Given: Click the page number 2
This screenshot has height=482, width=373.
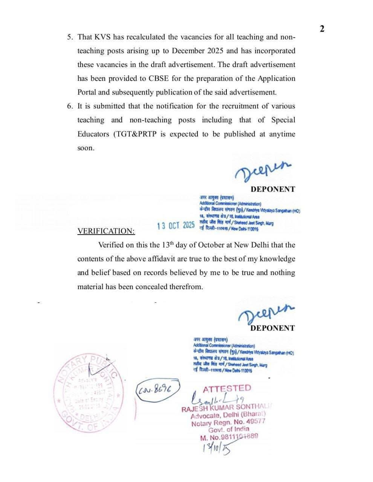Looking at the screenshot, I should pyautogui.click(x=322, y=29).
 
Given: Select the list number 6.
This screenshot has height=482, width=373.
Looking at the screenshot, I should pyautogui.click(x=70, y=106).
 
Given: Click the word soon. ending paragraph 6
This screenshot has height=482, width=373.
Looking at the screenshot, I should pyautogui.click(x=86, y=148).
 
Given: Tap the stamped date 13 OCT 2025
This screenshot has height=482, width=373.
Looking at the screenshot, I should pyautogui.click(x=176, y=226).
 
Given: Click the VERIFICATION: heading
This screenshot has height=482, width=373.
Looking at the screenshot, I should pyautogui.click(x=106, y=231).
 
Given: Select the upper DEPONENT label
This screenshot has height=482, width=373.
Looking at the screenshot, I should pyautogui.click(x=273, y=189).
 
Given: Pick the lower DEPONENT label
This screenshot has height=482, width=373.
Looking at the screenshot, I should pyautogui.click(x=273, y=328).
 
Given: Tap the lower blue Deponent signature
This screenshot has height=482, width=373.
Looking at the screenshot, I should pyautogui.click(x=266, y=312).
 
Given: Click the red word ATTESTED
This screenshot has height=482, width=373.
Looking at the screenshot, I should pyautogui.click(x=226, y=388).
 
